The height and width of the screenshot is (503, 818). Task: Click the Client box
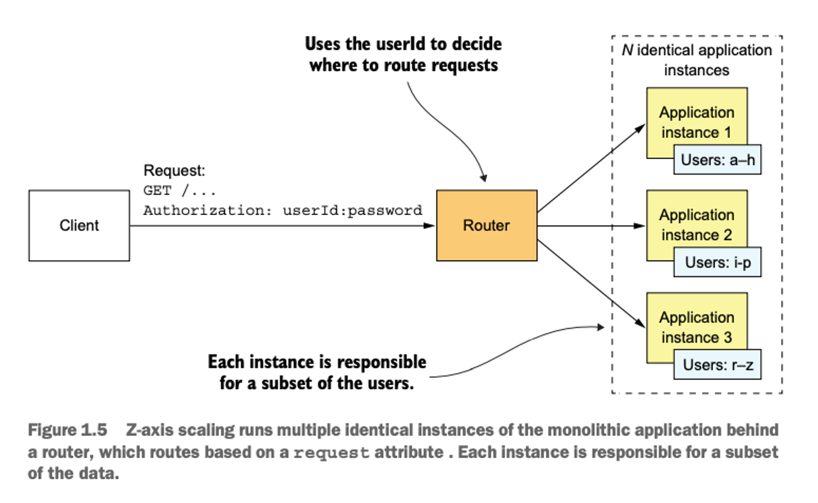79,225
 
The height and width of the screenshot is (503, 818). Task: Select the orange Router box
487,225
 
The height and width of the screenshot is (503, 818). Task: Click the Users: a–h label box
718,160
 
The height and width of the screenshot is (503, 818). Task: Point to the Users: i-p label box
718,262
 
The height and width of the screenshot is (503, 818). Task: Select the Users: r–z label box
718,364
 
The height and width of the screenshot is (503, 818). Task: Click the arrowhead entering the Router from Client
429,226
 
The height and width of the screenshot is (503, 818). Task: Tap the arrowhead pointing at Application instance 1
640,128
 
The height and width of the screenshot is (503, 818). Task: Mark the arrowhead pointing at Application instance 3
640,323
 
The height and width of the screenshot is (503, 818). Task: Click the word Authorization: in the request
208,211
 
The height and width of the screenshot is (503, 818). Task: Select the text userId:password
352,211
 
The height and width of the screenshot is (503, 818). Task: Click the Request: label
175,171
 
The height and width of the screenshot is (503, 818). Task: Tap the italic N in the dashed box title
627,50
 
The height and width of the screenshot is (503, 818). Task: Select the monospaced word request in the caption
331,453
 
